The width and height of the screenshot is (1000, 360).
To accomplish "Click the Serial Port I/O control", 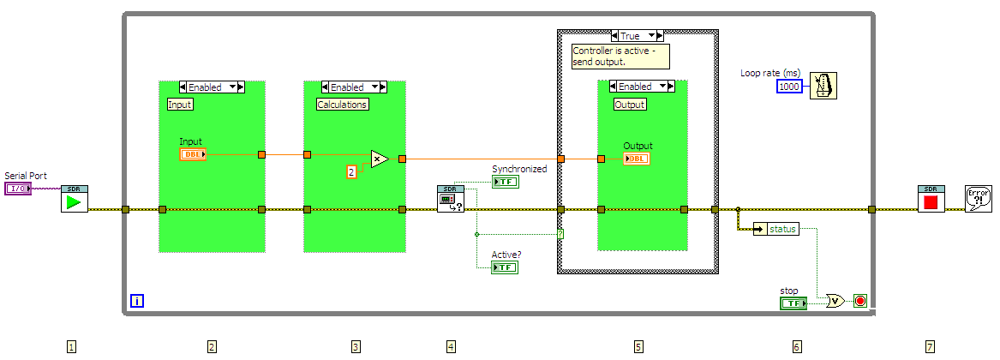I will click(x=18, y=189).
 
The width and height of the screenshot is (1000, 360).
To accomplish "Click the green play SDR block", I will click(x=75, y=200).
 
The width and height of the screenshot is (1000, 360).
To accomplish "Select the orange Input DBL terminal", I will click(x=194, y=154).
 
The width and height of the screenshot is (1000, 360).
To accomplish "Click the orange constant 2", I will click(x=351, y=172).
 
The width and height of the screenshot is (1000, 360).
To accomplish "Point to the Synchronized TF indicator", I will click(x=506, y=182).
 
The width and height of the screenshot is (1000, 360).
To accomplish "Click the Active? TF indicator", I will click(x=506, y=267).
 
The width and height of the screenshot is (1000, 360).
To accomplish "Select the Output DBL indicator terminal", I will click(x=637, y=159).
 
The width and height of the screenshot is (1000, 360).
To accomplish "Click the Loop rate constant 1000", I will click(x=790, y=87).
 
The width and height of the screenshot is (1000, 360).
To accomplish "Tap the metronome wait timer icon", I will click(x=823, y=86).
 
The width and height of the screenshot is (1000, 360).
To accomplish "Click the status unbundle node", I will click(x=775, y=229).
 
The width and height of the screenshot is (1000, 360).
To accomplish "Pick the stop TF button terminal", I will click(x=793, y=303).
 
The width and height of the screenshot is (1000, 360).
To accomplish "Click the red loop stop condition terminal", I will click(x=860, y=301).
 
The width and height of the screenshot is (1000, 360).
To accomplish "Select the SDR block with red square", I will click(x=931, y=200).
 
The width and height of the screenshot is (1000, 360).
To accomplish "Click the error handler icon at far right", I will click(x=978, y=200).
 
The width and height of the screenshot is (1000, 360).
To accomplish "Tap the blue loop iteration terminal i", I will click(x=137, y=300).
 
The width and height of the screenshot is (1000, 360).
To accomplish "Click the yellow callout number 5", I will click(x=638, y=346).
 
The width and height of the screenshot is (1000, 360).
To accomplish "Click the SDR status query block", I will click(x=451, y=200).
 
